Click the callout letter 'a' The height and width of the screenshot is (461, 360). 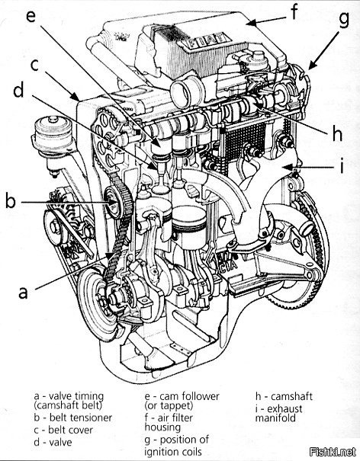(x=23, y=292)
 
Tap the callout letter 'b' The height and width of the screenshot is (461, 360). (x=11, y=201)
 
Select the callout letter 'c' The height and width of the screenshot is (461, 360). (x=35, y=65)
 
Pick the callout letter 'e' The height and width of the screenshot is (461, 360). (x=31, y=17)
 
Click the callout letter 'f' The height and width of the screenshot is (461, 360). (x=294, y=12)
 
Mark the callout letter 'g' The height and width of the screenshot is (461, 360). (x=343, y=21)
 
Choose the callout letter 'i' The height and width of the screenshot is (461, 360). (x=342, y=165)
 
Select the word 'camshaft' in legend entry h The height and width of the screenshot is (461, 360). (x=291, y=396)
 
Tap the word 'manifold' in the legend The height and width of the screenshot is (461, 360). (x=275, y=418)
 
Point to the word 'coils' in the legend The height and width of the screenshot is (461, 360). (x=188, y=451)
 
